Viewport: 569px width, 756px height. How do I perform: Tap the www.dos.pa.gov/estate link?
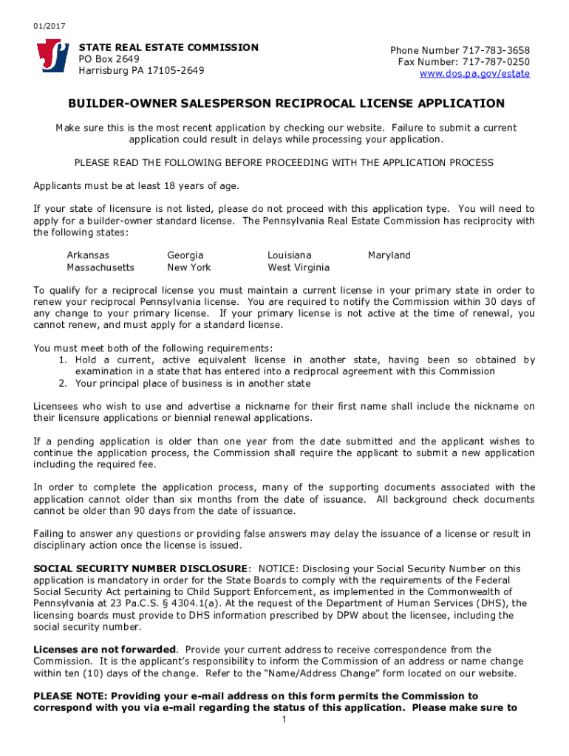pyautogui.click(x=474, y=74)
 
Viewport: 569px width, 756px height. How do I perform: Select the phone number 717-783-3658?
pyautogui.click(x=496, y=50)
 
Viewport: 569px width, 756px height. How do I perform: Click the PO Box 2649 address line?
pyautogui.click(x=109, y=58)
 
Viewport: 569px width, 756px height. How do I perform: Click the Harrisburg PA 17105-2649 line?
pyautogui.click(x=142, y=70)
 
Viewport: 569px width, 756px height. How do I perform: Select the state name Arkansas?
pyautogui.click(x=88, y=255)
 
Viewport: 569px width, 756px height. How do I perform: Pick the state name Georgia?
pyautogui.click(x=185, y=255)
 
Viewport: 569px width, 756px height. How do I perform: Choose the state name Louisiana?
pyautogui.click(x=290, y=255)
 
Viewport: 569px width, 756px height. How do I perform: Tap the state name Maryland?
pyautogui.click(x=389, y=255)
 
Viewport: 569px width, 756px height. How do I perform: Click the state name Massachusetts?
pyautogui.click(x=100, y=267)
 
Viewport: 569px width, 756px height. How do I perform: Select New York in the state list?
pyautogui.click(x=189, y=267)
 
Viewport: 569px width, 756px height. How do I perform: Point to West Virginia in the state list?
pyautogui.click(x=299, y=267)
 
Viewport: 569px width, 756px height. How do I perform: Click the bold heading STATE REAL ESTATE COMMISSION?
pyautogui.click(x=168, y=47)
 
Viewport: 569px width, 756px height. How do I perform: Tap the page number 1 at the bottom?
pyautogui.click(x=284, y=720)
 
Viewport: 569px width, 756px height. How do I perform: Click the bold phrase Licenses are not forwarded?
pyautogui.click(x=105, y=650)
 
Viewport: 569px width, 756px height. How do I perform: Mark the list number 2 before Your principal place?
pyautogui.click(x=64, y=384)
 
